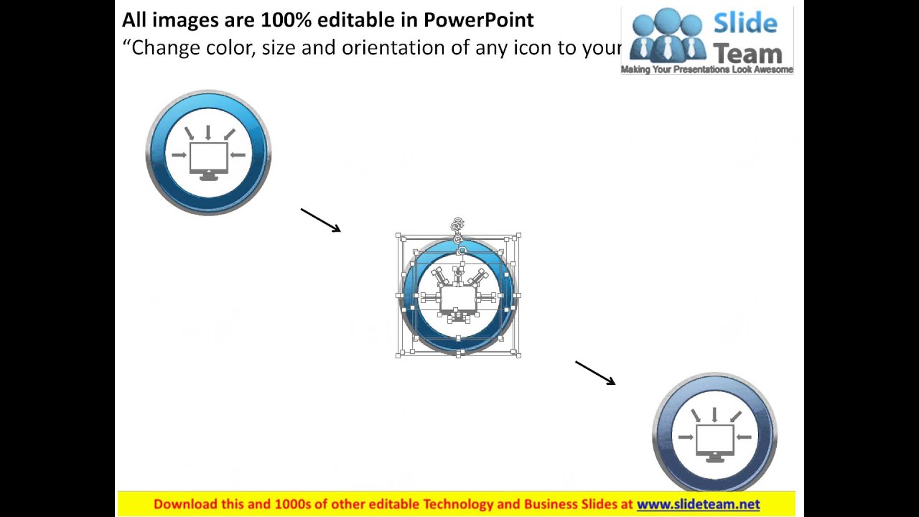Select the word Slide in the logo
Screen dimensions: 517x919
click(745, 24)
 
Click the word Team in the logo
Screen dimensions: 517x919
click(747, 52)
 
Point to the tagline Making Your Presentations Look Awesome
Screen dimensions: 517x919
click(706, 70)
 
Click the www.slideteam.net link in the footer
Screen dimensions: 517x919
click(698, 504)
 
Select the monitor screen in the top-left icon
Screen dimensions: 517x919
click(209, 157)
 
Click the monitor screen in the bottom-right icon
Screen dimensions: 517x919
click(715, 438)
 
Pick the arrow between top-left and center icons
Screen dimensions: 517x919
click(320, 220)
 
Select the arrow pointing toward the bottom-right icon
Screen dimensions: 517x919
click(595, 373)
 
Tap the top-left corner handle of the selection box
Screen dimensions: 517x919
click(399, 236)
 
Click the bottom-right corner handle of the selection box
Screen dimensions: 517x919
click(518, 354)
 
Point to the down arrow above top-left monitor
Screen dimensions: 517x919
click(208, 133)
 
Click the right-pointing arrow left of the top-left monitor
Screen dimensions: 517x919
click(179, 155)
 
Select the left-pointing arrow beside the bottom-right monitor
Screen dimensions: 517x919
click(744, 437)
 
